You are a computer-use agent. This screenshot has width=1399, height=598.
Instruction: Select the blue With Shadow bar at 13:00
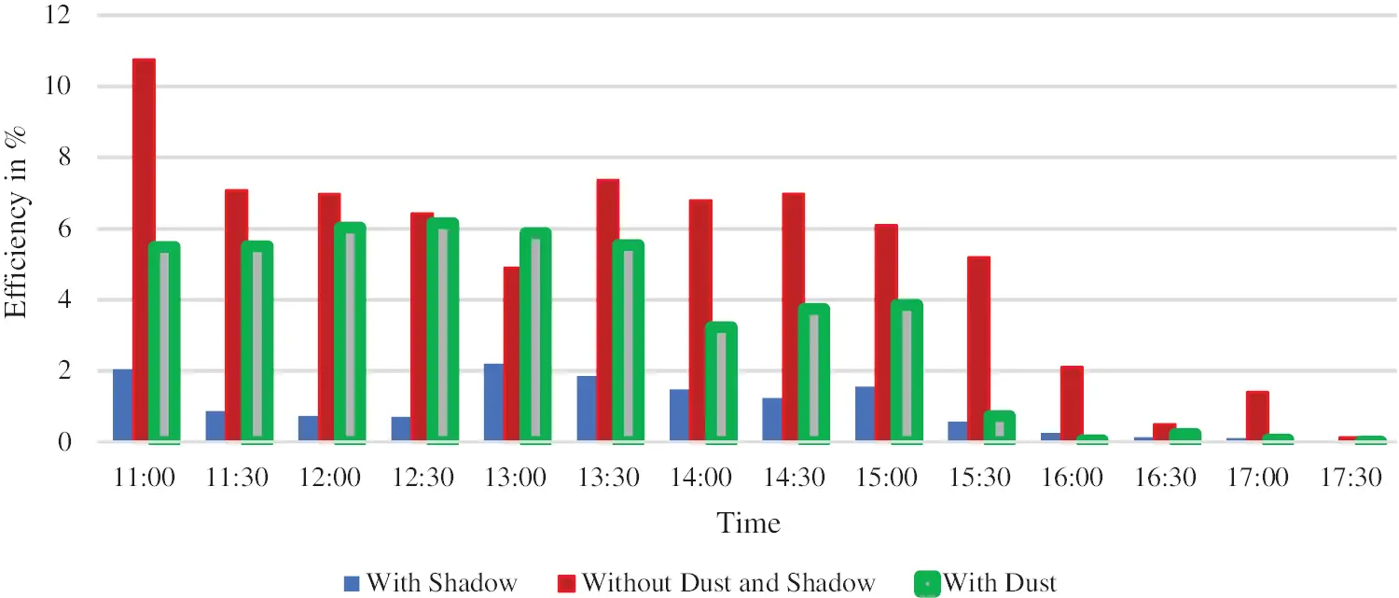tap(493, 402)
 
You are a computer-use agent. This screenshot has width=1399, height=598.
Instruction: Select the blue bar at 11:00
tap(122, 405)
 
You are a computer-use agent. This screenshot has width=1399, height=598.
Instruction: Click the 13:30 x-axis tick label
tap(607, 478)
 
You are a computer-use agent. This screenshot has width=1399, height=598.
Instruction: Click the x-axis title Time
tap(748, 522)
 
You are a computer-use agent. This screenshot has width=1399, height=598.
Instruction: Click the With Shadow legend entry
tap(430, 583)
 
